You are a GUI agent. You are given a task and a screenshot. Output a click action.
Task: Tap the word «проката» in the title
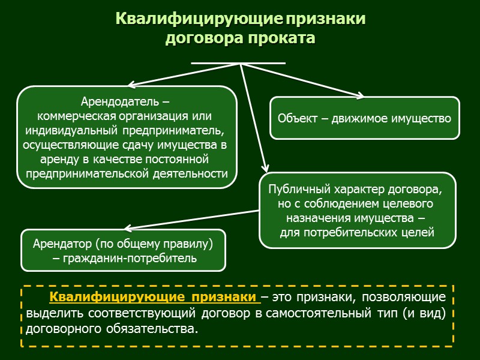(280, 38)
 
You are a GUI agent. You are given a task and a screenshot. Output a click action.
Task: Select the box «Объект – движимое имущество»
(364, 118)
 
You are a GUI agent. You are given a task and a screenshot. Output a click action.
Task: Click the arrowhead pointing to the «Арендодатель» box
(131, 85)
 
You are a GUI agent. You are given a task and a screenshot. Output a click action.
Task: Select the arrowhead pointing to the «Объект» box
(360, 96)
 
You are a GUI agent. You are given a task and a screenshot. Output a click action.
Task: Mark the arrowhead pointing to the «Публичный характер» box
(265, 170)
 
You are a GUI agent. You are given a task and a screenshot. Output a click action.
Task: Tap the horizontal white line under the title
(238, 62)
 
